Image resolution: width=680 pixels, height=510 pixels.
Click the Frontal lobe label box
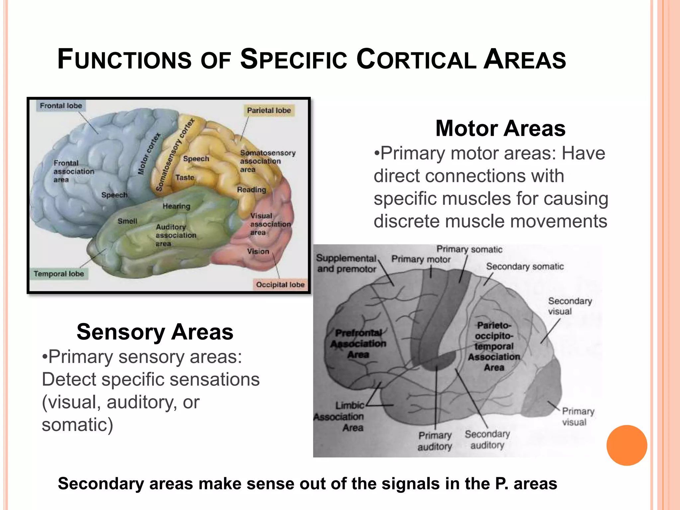61,106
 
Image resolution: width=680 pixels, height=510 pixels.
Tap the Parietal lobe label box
269,111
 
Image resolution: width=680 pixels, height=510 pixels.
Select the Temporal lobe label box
59,274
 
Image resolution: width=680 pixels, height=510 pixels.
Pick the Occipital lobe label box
280,285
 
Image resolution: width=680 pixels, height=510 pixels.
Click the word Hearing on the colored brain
176,206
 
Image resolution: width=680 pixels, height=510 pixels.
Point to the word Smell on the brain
127,221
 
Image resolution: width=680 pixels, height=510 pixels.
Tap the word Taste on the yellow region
185,178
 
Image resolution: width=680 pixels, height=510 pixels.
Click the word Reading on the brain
251,190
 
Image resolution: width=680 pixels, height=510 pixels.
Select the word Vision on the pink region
258,251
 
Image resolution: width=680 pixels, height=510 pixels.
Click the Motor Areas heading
500,128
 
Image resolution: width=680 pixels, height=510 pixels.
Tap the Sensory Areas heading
155,332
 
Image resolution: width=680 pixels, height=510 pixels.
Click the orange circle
627,445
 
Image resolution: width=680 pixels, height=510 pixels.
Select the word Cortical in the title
416,60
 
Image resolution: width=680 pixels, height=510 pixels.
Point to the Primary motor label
421,259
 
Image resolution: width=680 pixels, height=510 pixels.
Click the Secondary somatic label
525,267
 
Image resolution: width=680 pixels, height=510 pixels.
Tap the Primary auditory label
435,441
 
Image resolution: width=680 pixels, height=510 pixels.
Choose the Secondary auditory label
487,439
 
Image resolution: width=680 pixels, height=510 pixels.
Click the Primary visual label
578,417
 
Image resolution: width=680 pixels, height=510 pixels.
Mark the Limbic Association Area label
340,416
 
